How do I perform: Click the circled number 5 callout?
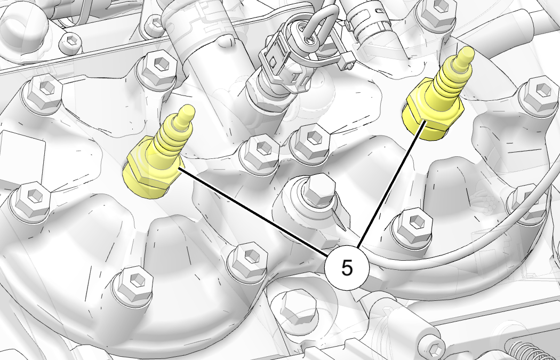coord(347,268)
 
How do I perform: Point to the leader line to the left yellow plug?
coord(253,212)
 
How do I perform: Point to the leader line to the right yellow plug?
coord(391,185)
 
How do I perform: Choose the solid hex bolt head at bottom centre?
coord(299,308)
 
